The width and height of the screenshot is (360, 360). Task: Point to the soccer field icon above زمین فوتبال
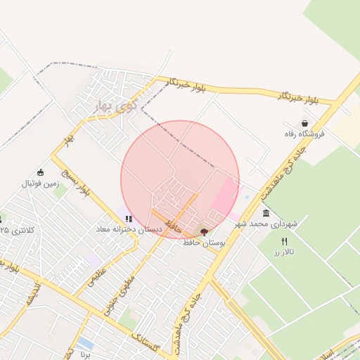click(40, 172)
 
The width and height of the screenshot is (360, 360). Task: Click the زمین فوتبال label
click(38, 184)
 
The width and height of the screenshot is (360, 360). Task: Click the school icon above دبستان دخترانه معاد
click(129, 219)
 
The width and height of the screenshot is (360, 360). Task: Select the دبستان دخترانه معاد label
click(129, 229)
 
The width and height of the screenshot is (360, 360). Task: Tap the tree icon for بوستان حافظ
click(204, 231)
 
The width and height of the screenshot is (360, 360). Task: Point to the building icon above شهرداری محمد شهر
click(266, 213)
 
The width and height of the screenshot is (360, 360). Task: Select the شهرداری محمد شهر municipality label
click(266, 224)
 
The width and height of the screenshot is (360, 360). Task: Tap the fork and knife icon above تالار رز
click(284, 241)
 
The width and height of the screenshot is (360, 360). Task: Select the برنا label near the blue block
click(85, 355)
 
